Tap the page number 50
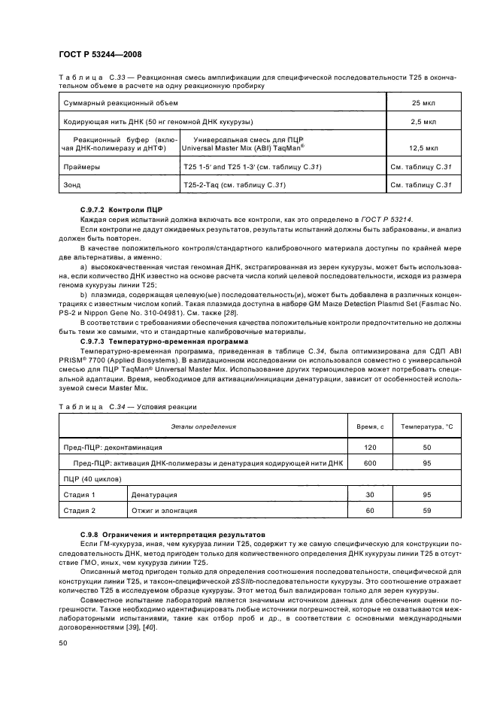tap(62, 643)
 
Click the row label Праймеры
tap(80, 166)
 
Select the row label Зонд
tap(72, 185)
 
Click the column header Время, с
tap(369, 426)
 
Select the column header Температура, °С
tap(426, 426)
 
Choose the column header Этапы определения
tap(203, 426)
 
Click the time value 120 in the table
tap(369, 447)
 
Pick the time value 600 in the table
tap(369, 463)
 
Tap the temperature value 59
tap(426, 511)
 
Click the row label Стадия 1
tap(80, 495)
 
